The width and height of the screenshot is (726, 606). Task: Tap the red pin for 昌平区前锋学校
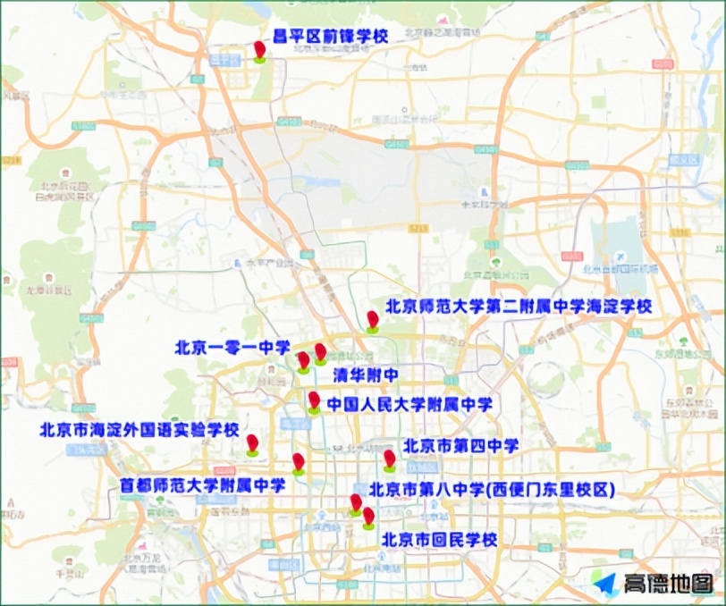click(259, 50)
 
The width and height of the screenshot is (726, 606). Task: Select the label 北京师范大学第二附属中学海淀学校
click(519, 306)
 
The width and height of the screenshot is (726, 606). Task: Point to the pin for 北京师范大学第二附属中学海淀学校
click(372, 320)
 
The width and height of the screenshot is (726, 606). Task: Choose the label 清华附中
click(365, 374)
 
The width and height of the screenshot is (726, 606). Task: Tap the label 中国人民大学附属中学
click(409, 404)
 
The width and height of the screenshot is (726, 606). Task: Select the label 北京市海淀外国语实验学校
click(140, 429)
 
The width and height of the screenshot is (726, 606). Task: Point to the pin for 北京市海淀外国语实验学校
click(252, 443)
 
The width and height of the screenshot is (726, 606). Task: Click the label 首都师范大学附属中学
click(203, 485)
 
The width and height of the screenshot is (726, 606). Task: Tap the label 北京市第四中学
click(461, 445)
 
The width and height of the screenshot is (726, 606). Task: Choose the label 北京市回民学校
click(439, 540)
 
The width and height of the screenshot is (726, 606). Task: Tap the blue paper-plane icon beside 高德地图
click(605, 583)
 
